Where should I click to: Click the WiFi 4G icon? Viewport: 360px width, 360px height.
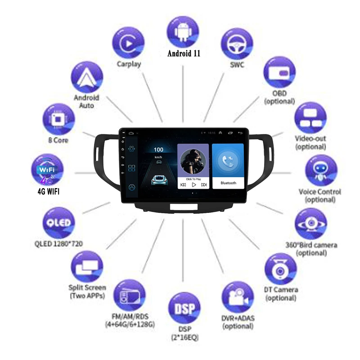[47, 171]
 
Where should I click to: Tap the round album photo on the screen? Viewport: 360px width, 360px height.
[193, 162]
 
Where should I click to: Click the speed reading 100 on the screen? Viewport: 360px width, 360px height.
[158, 149]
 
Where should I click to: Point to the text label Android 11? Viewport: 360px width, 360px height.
[184, 53]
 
